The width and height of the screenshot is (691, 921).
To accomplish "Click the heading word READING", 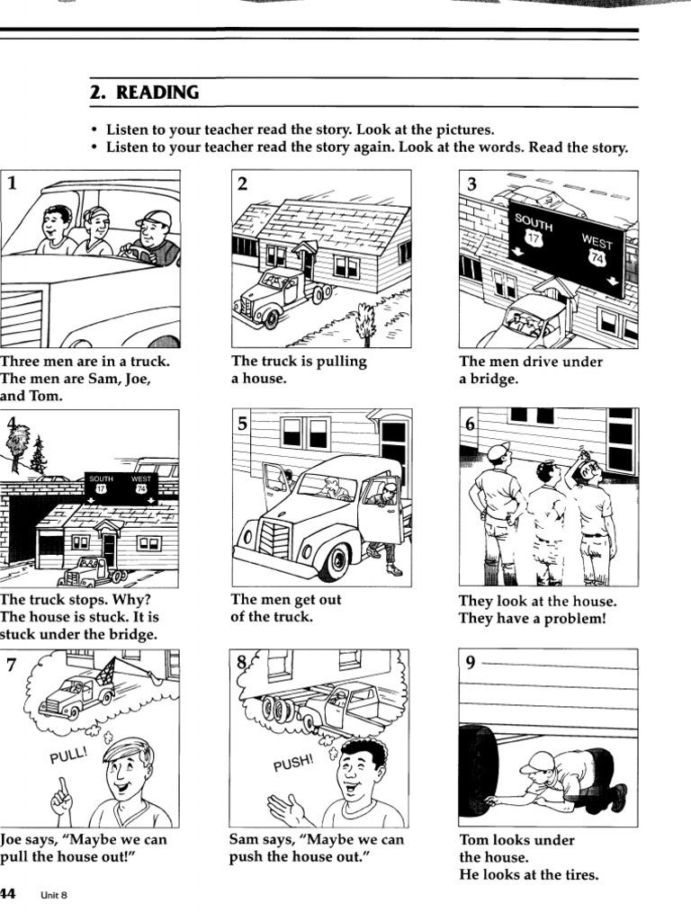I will coord(157,94).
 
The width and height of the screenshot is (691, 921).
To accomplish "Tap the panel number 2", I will coord(242,184).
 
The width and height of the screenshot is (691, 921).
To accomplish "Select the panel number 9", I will coord(471,663).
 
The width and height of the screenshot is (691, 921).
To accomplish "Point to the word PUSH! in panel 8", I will coord(293,765).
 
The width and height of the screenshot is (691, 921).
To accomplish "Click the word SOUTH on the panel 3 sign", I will coord(534,221).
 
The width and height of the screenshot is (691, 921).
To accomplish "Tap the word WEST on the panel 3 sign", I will coord(597,242).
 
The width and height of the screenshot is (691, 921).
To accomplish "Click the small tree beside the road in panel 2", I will coord(366,325).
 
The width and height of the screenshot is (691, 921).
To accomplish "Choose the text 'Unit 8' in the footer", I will coord(54,895).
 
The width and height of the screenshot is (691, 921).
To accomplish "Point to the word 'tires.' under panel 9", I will coord(579,875).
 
